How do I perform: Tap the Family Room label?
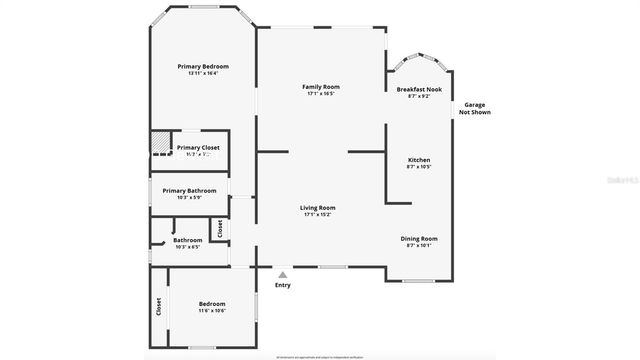point(321,87)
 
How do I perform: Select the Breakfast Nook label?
point(419,89)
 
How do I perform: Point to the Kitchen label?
point(419,160)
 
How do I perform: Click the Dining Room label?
point(419,238)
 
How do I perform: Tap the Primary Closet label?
point(198,147)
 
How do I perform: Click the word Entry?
point(283,285)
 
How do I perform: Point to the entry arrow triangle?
point(283,274)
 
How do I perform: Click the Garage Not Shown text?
point(472,108)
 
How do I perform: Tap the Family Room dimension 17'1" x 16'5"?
point(321,94)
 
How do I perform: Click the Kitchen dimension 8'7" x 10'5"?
point(419,167)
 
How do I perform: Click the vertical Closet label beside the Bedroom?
point(158,307)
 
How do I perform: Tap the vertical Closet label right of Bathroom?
point(220,229)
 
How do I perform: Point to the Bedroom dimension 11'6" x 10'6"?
point(211,311)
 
